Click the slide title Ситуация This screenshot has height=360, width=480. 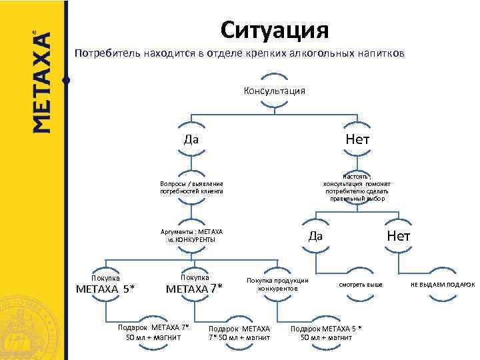(x=275, y=29)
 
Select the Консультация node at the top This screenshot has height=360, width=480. (x=275, y=91)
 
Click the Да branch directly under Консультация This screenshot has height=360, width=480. (x=191, y=139)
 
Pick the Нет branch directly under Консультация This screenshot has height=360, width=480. (x=357, y=139)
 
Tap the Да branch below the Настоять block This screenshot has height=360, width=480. (x=315, y=236)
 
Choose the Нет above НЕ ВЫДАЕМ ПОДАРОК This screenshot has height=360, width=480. (x=399, y=236)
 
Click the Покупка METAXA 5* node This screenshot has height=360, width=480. (x=105, y=283)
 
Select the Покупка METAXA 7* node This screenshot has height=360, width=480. (x=195, y=283)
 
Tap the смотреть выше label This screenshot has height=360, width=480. (x=361, y=285)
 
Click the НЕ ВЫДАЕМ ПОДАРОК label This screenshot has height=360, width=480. (x=443, y=285)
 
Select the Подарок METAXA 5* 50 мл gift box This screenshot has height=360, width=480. (x=327, y=333)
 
